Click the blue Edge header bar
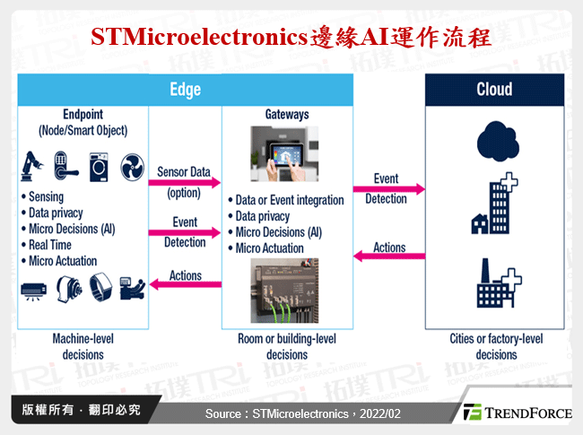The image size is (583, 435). [x=186, y=90]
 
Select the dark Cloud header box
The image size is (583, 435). [x=494, y=90]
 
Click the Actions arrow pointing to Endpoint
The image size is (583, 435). [x=186, y=285]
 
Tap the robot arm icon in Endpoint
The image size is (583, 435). [x=34, y=163]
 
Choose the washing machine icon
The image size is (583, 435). [x=99, y=164]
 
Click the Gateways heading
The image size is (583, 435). [x=287, y=116]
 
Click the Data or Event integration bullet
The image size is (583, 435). [x=289, y=200]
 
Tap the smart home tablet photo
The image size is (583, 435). [x=287, y=153]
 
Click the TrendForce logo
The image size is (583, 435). [x=518, y=413]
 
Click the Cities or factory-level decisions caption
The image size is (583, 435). [x=495, y=347]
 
